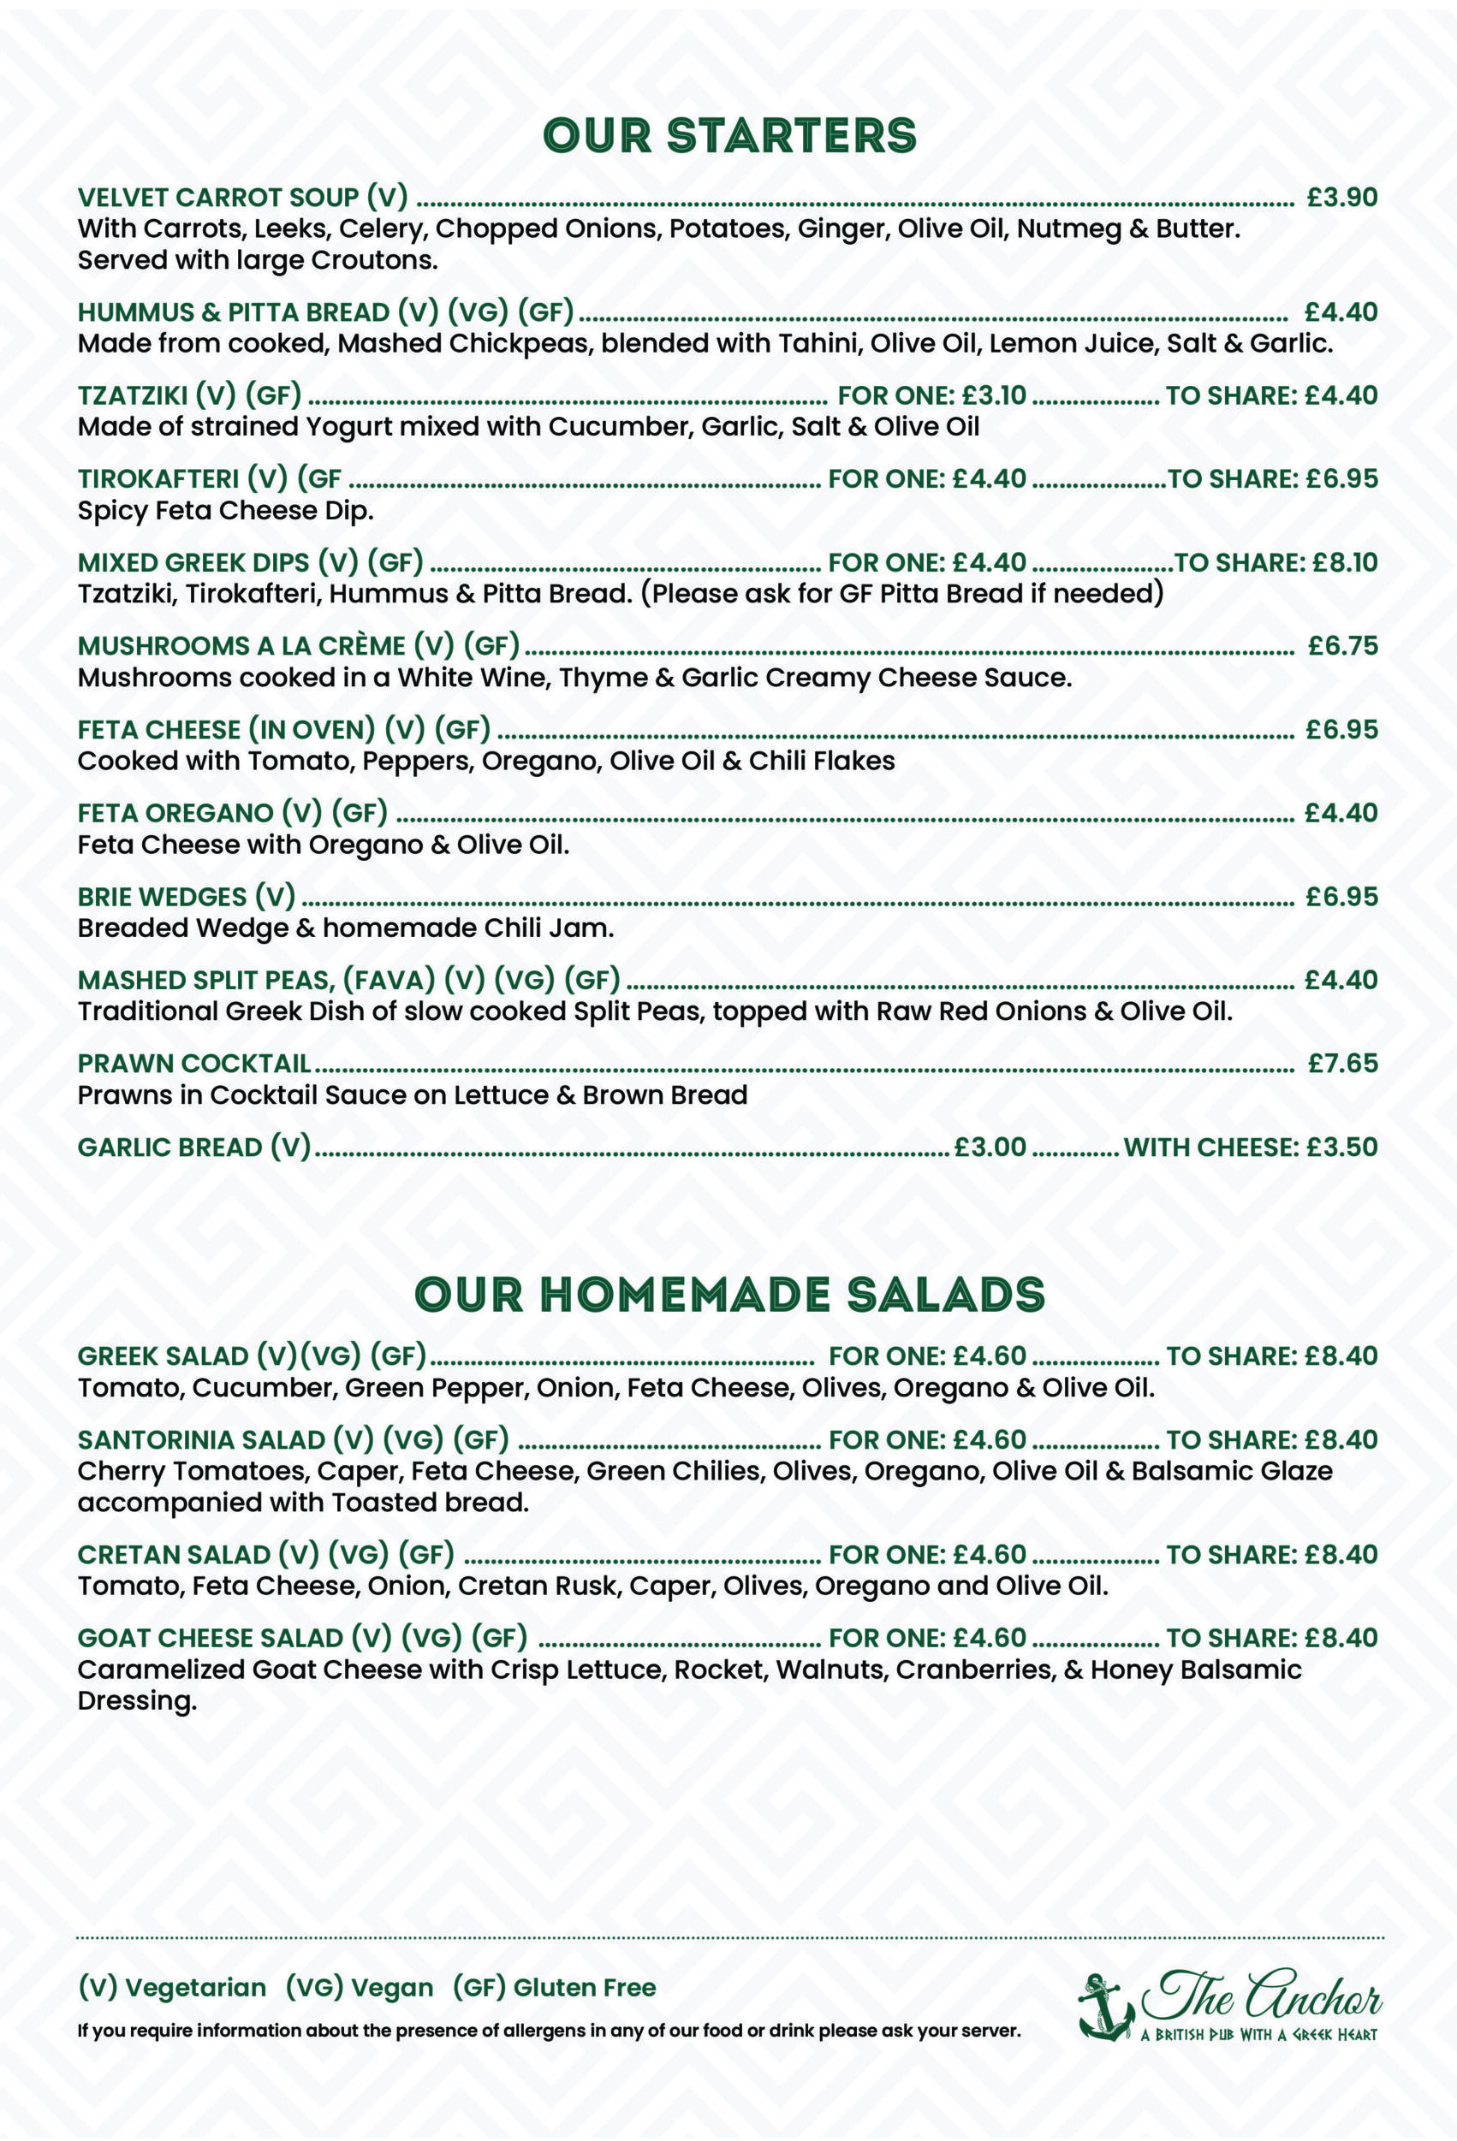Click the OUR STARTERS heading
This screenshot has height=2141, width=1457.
(729, 135)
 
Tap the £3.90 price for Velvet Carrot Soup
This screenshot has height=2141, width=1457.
(1341, 197)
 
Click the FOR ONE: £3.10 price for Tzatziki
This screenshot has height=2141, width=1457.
(931, 395)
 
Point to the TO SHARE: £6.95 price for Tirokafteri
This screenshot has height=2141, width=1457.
(1273, 479)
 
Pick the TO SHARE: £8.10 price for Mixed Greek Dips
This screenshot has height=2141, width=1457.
(1276, 562)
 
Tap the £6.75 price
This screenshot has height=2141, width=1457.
(1343, 646)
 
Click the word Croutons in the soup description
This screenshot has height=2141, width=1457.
(373, 261)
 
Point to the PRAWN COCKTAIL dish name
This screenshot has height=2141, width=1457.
(193, 1063)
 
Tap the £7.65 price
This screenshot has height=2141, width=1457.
(1343, 1063)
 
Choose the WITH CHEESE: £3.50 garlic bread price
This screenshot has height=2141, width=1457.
(1250, 1147)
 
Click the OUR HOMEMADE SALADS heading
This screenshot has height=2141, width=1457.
(729, 1295)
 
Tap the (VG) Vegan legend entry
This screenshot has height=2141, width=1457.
(359, 1988)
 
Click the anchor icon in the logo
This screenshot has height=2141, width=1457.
(1105, 2007)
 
